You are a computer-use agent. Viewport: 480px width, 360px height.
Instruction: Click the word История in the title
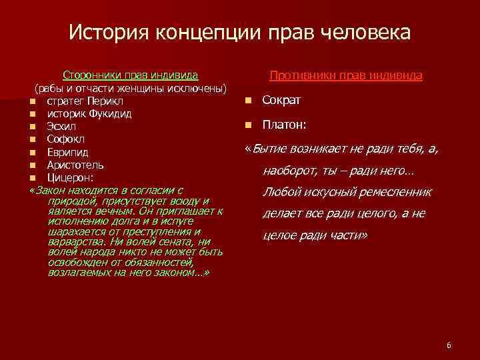(107, 32)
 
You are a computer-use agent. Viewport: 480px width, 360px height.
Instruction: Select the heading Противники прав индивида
(345, 76)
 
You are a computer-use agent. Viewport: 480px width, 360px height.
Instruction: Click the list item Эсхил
(60, 127)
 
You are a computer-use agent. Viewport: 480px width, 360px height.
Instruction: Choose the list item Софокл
(63, 139)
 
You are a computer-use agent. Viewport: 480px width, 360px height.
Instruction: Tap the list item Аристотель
(75, 165)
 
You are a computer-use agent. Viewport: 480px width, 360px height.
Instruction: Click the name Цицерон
(69, 177)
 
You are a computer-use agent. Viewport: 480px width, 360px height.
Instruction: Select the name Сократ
(281, 101)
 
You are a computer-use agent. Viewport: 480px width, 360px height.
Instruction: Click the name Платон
(283, 125)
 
